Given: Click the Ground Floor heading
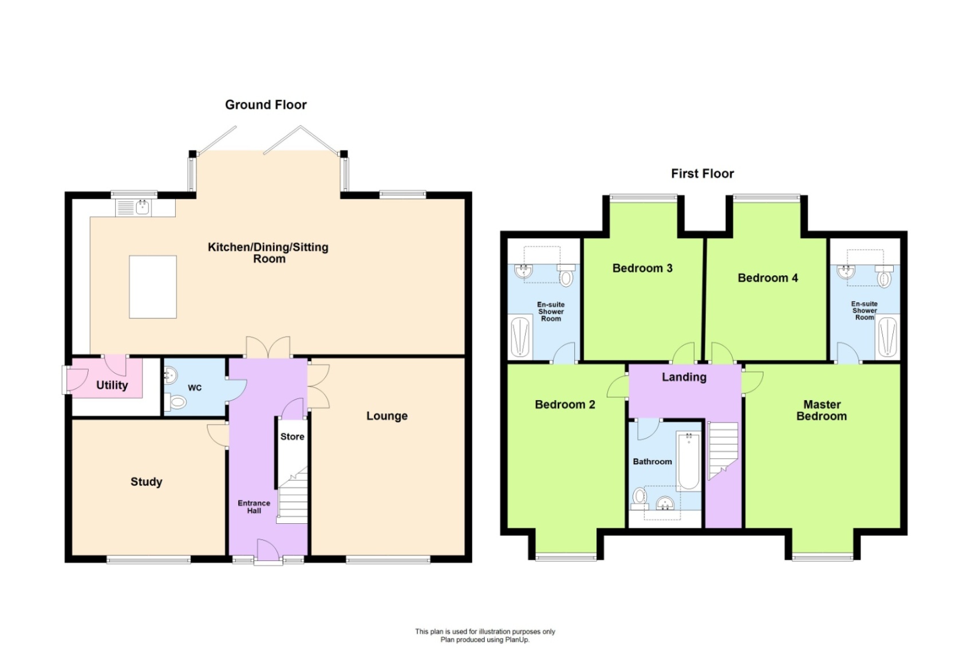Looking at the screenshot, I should point(266,105).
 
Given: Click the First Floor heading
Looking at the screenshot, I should point(702,173).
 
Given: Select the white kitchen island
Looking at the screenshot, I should point(153,287).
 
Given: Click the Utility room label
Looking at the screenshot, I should point(112,385).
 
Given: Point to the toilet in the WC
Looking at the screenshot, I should point(177,403).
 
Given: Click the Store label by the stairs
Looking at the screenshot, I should point(292,437).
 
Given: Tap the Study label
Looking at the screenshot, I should point(146,482).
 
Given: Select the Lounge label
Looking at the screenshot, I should point(387,416).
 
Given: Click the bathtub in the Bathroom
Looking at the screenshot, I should point(689,461).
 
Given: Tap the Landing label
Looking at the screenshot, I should point(684,377).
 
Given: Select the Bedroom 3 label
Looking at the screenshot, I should point(642,268).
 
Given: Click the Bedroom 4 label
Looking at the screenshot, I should point(767,278).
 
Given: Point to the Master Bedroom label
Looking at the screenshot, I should point(821,410).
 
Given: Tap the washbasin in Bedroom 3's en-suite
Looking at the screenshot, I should point(524,271).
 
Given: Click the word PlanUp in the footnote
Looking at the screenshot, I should point(517,639).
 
